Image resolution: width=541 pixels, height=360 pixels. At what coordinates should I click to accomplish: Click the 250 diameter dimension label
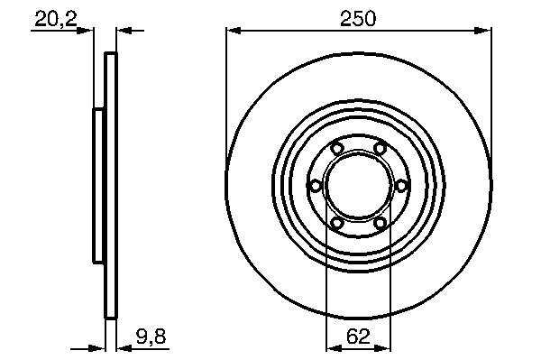pos(357,18)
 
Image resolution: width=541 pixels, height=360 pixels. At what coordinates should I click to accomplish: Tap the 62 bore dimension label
pos(359,336)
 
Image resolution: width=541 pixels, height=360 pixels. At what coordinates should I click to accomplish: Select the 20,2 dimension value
pos(56,19)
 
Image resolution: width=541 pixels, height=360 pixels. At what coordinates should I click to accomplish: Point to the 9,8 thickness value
pos(151,336)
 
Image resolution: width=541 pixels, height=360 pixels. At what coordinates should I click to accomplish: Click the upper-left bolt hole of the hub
pos(336,149)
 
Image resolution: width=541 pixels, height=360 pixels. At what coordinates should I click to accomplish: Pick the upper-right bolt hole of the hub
pos(380,149)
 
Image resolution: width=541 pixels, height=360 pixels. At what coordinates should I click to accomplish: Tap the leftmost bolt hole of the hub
pos(316,187)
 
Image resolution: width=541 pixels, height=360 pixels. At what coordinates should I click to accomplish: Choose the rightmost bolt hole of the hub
pos(401,187)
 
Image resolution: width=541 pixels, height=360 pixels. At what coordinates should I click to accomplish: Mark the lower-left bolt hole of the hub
pos(336,224)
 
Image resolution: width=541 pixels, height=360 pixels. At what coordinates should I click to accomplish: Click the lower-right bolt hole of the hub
pos(380,224)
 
